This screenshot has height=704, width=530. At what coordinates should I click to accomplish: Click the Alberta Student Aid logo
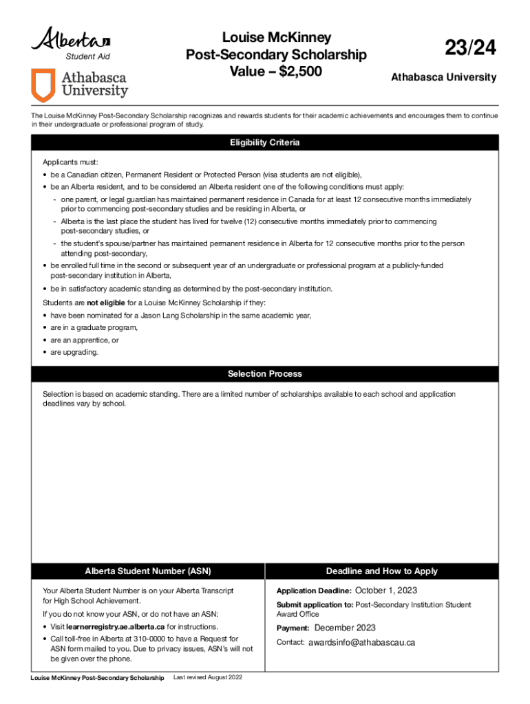(x=71, y=43)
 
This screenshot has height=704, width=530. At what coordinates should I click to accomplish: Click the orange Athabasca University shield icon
(x=43, y=85)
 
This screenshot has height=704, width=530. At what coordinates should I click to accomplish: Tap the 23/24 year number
(x=470, y=49)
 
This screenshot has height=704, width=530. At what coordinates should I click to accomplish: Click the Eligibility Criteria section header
(x=265, y=143)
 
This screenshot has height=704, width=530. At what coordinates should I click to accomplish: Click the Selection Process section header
(x=265, y=374)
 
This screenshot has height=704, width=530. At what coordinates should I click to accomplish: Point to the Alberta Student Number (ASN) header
(x=147, y=571)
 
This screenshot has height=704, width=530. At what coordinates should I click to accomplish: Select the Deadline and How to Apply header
(x=381, y=571)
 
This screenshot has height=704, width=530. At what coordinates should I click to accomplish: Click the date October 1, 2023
(x=385, y=591)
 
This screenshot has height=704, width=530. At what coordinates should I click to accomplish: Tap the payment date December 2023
(x=345, y=628)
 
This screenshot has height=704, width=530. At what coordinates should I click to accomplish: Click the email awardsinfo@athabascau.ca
(x=361, y=643)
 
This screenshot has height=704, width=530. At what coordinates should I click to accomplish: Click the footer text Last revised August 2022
(x=209, y=678)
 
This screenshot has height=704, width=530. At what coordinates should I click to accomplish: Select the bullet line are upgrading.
(x=74, y=352)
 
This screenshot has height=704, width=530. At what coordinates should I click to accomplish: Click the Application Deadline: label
(x=314, y=591)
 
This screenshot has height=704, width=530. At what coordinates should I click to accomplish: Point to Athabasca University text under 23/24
(x=443, y=78)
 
